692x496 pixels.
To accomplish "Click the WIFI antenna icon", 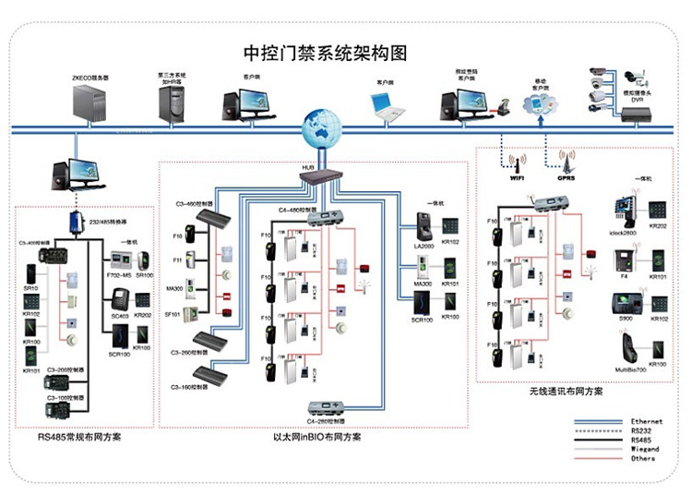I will point(517,164).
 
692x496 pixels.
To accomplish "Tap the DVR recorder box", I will point(636,113).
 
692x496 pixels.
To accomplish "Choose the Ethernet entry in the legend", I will point(644,421).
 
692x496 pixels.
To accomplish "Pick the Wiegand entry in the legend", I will point(644,449).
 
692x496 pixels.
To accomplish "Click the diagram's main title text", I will point(343,51).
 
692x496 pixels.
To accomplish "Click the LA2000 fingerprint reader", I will point(424,225).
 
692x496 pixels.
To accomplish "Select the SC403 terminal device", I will point(118,300).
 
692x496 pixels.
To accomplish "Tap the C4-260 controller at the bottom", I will point(332,408).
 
